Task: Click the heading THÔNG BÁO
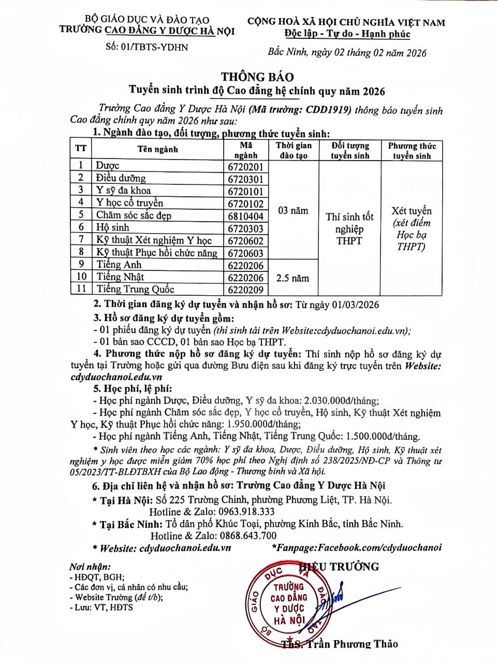tap(257, 77)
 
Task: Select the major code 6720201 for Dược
tap(246, 167)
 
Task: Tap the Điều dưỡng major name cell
tap(121, 178)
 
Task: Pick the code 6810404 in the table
tap(246, 216)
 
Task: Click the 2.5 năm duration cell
tap(292, 278)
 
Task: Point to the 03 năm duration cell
tap(292, 211)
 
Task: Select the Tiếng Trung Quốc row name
tap(135, 290)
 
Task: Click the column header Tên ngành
tap(157, 149)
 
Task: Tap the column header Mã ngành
tap(246, 150)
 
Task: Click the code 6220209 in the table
tap(246, 290)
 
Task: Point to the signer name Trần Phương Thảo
tap(352, 644)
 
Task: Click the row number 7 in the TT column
tap(81, 240)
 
